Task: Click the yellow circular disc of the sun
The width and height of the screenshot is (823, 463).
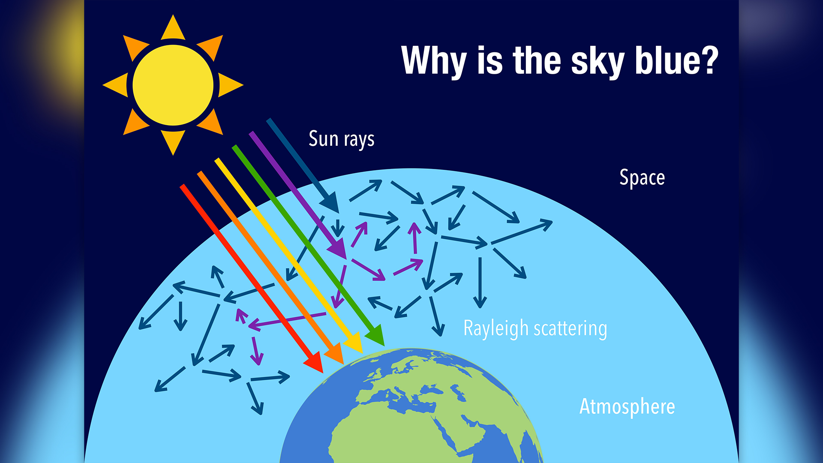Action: [x=173, y=85]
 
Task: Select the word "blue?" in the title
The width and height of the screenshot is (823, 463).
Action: [x=676, y=61]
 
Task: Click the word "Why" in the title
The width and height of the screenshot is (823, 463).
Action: [x=433, y=61]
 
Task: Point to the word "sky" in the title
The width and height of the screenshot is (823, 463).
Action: [x=598, y=62]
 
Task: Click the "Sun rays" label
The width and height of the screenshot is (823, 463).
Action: [x=341, y=139]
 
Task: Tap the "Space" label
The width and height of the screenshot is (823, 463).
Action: [x=642, y=178]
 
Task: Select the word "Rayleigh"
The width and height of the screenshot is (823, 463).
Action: [x=496, y=329]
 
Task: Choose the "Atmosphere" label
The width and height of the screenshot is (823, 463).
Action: [x=627, y=407]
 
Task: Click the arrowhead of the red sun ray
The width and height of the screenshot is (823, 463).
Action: [x=315, y=362]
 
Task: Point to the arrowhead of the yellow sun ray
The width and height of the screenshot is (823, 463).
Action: [x=355, y=343]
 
